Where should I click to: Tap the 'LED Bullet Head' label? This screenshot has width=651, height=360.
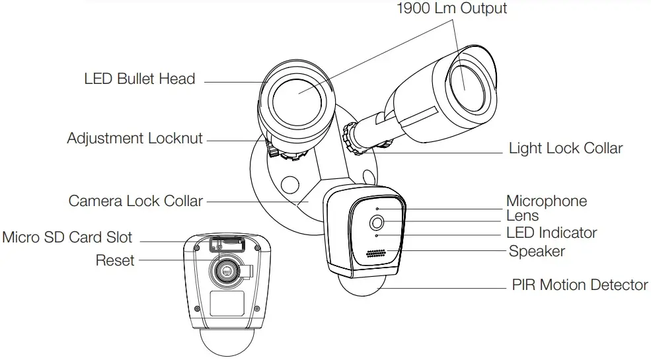[x=139, y=79]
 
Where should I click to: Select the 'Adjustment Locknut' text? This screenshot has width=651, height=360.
[x=135, y=139]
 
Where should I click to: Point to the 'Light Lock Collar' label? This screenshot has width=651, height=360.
[x=565, y=148]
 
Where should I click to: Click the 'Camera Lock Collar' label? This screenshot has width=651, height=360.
[x=135, y=200]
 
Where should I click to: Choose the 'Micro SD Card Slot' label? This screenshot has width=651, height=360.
[x=67, y=237]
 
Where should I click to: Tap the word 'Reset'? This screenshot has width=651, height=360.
[x=114, y=260]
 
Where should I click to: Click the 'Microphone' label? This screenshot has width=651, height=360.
[x=546, y=201]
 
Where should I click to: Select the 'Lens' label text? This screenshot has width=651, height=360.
[x=522, y=215]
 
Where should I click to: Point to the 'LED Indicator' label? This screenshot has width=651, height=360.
[x=551, y=233]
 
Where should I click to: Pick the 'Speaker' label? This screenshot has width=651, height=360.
[x=537, y=251]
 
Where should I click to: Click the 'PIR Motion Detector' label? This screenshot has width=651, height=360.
[x=580, y=285]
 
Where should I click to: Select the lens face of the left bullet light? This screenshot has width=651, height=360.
[x=297, y=95]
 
